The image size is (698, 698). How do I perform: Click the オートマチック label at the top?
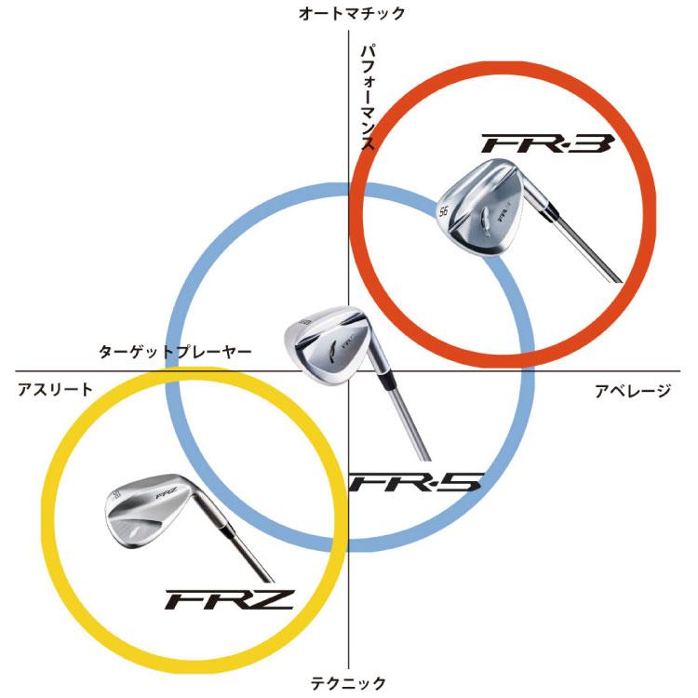[x=352, y=14]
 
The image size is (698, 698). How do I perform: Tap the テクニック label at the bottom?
[x=348, y=682]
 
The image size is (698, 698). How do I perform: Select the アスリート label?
[x=55, y=390]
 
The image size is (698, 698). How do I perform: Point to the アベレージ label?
[x=633, y=391]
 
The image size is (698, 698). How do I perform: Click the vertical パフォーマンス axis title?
[x=368, y=98]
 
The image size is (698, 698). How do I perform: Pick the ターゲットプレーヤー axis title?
[x=175, y=352]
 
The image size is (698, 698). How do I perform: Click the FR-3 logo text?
[x=547, y=143]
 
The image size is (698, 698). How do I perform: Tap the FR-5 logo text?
[x=415, y=482]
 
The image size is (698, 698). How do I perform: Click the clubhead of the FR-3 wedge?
[x=482, y=208]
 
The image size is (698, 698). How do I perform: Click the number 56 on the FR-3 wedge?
[x=443, y=211]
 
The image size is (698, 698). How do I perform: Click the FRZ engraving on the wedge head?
[x=167, y=494]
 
